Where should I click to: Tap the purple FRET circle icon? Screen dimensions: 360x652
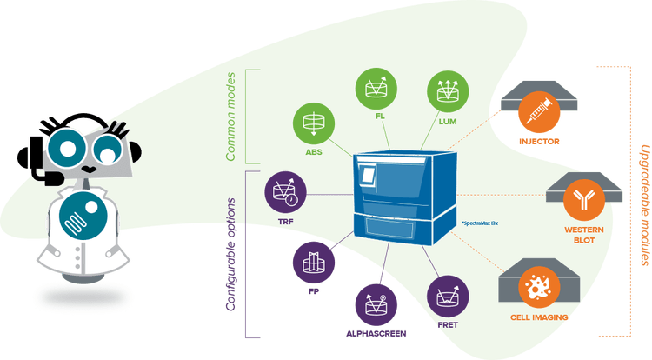pyautogui.click(x=447, y=296)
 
